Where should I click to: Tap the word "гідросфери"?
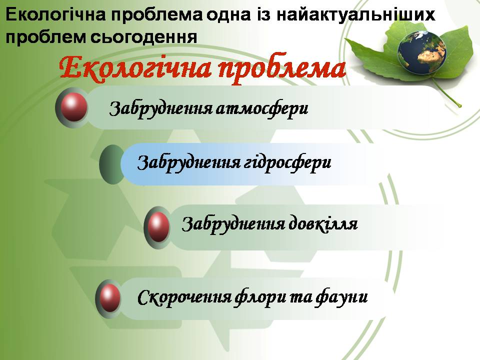click(289, 162)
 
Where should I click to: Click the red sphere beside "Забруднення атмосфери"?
click(73, 106)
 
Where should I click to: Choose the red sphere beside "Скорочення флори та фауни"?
click(109, 299)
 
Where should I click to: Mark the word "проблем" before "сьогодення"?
click(34, 36)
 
